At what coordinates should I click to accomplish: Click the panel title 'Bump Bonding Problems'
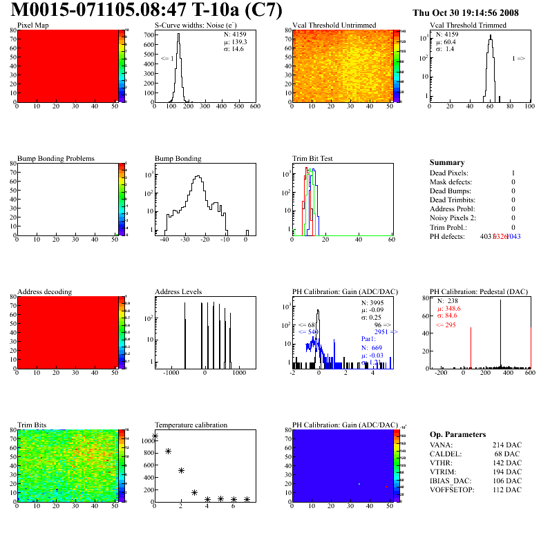(56, 158)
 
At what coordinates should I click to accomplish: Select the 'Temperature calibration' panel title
(191, 425)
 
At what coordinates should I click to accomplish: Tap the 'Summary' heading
(447, 162)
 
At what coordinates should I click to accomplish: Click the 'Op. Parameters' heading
(457, 434)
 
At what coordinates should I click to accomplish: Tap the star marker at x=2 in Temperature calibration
(181, 470)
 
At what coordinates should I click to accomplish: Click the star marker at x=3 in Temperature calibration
(195, 492)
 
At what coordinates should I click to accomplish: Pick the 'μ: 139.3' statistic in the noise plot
(236, 41)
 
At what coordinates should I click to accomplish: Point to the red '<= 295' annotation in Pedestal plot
(446, 324)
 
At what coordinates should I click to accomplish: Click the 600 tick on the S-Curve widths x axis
(254, 107)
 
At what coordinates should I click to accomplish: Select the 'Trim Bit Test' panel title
(313, 158)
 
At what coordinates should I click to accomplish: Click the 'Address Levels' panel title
(178, 291)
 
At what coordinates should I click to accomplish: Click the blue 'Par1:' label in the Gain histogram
(369, 338)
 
